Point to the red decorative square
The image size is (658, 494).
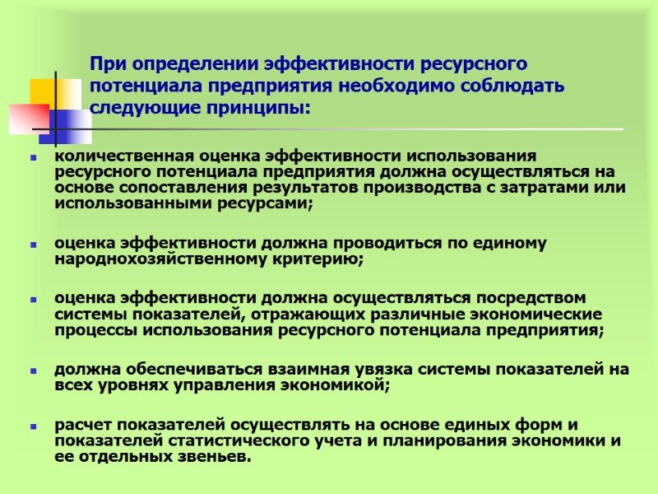pos(28,120)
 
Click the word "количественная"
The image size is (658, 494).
pos(113,156)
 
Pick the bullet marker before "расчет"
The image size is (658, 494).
pos(34,426)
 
